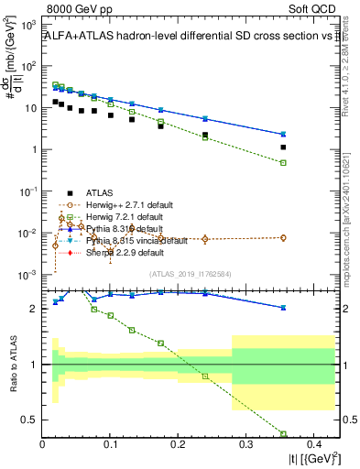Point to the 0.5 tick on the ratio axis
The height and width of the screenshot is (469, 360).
[33, 420]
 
